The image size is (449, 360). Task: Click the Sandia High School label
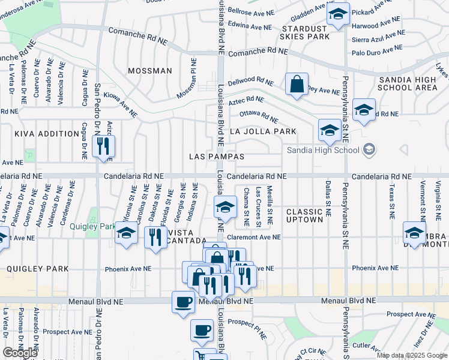[x=322, y=149]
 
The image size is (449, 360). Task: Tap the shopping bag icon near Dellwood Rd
[x=297, y=85]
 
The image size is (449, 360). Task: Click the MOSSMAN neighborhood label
[x=150, y=71]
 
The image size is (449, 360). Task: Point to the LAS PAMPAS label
[x=217, y=156]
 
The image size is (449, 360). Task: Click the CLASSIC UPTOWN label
[x=305, y=216]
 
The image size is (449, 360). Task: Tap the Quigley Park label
[x=91, y=226]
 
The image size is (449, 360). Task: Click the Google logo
[x=20, y=352]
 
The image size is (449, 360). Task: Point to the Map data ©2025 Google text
[x=411, y=355]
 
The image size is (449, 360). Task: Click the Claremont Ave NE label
[x=254, y=237]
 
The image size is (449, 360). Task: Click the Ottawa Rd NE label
[x=259, y=116]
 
